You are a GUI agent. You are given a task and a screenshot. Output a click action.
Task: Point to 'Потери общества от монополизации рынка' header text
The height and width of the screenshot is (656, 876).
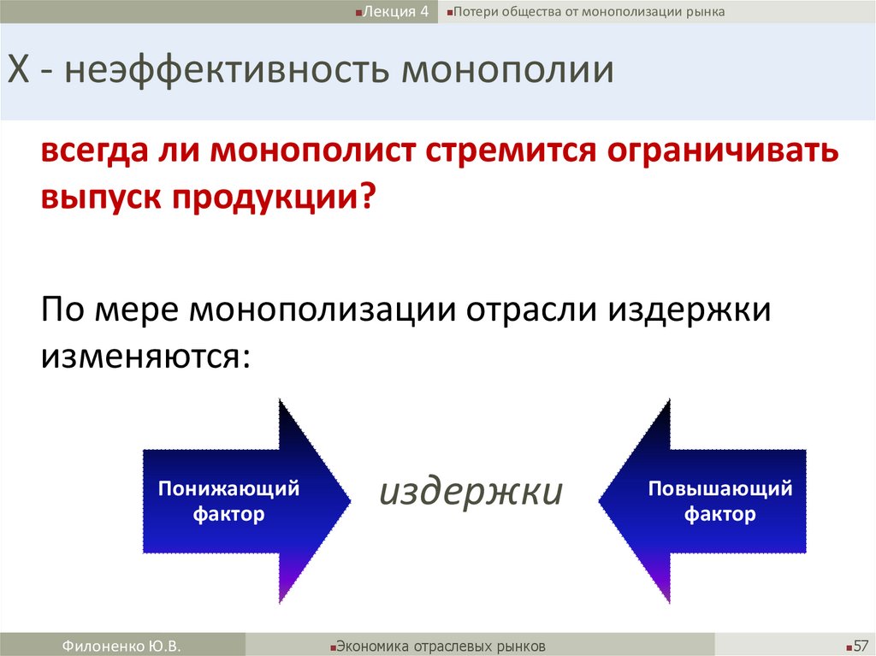click(x=589, y=12)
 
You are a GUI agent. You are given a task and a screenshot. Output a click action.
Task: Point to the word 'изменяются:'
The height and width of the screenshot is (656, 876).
click(x=146, y=353)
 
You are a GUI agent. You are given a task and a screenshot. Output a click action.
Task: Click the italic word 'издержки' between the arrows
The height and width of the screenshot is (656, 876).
click(x=471, y=492)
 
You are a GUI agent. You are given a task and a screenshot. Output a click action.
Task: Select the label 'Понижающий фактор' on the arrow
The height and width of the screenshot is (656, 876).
click(x=228, y=501)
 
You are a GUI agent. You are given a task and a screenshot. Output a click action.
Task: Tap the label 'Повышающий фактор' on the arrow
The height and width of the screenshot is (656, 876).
click(x=719, y=501)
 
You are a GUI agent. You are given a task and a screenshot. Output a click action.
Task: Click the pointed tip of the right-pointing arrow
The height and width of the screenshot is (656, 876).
click(x=348, y=500)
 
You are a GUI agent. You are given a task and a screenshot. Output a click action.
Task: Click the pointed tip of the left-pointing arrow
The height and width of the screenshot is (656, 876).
click(x=601, y=500)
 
